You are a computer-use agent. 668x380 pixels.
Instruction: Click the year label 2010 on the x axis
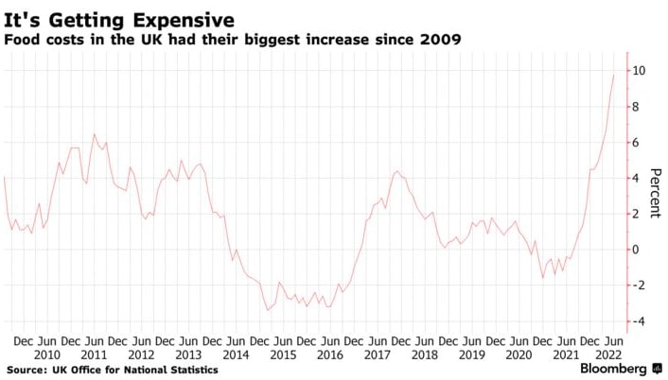46,354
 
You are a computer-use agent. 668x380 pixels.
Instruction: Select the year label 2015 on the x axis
281,354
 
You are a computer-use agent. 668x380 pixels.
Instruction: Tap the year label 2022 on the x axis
609,354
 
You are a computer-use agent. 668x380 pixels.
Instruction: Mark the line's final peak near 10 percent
614,75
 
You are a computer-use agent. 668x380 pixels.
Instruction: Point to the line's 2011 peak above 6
94,135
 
